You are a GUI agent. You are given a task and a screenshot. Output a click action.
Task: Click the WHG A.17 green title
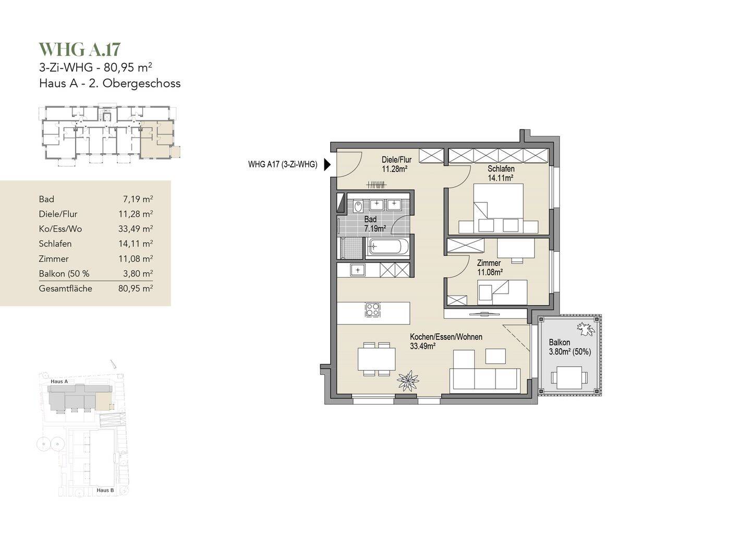pos(79,50)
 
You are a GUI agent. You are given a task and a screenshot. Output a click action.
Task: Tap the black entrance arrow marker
pos(327,165)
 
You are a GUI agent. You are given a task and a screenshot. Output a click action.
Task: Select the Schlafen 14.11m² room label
pos(501,173)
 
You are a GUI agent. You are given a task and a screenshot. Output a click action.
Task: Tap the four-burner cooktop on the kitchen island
pos(372,310)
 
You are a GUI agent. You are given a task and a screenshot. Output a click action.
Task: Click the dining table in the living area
pos(377,359)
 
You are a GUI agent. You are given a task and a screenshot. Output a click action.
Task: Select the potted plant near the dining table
pos(408,381)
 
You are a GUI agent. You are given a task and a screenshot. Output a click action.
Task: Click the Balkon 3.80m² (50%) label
pos(570,347)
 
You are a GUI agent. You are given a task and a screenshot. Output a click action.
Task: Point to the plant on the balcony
pos(586,329)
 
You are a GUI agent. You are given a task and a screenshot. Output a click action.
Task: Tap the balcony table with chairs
pos(569,378)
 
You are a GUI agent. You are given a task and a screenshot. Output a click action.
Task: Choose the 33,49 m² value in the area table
pos(136,229)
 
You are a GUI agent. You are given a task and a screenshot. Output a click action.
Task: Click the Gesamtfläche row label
pos(65,289)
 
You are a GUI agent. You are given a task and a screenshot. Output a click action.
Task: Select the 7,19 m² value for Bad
pos(138,199)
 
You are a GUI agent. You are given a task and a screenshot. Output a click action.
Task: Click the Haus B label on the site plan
pos(105,490)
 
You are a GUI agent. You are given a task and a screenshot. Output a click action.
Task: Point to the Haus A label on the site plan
pos(59,382)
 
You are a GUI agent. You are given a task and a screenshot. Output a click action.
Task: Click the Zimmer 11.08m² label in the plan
pos(490,267)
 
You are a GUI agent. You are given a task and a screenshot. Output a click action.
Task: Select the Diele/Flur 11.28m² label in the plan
pos(396,164)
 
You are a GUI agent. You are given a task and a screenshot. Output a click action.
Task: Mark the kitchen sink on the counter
pos(358,270)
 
